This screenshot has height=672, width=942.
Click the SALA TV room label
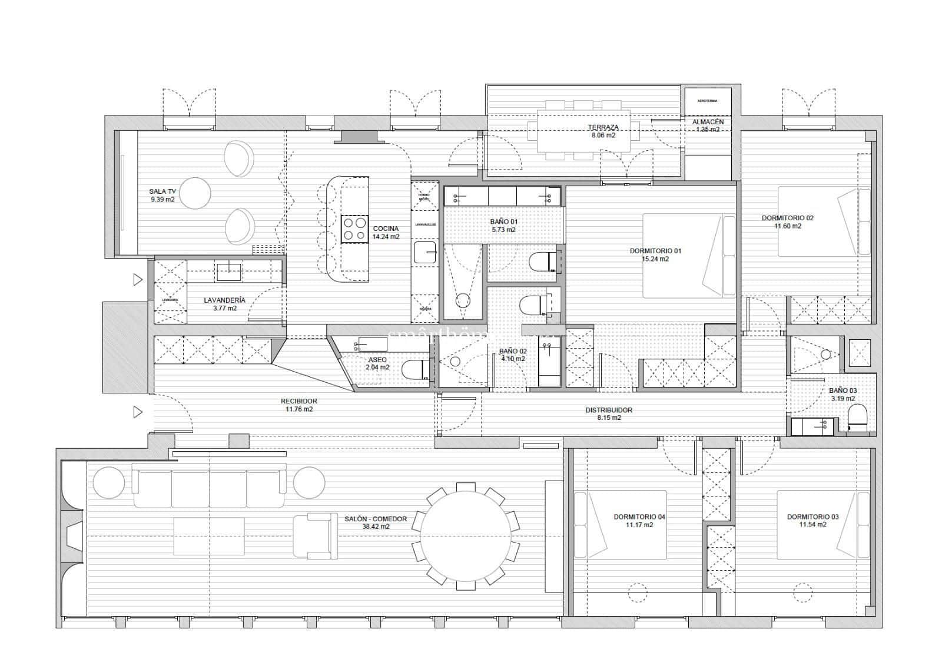click(162, 191)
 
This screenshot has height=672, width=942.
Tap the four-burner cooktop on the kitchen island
click(354, 229)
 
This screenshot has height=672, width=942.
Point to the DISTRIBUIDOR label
click(609, 410)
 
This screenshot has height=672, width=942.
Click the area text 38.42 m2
click(375, 527)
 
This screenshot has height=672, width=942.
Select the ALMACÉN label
click(708, 122)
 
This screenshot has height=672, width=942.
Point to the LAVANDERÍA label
click(224, 300)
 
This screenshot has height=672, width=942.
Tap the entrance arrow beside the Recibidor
click(138, 412)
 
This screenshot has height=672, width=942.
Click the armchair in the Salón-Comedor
click(315, 536)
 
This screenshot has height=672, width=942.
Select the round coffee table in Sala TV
click(194, 193)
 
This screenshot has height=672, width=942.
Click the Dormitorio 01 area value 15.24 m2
click(655, 259)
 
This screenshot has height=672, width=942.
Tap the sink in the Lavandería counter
click(229, 272)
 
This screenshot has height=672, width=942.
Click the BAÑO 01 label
click(503, 222)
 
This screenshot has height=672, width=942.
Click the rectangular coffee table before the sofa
click(209, 536)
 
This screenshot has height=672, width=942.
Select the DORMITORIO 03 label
click(812, 517)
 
